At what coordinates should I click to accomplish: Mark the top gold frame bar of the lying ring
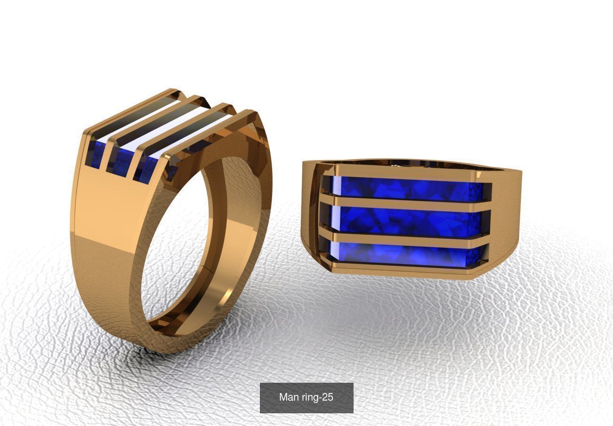[x=405, y=170]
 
